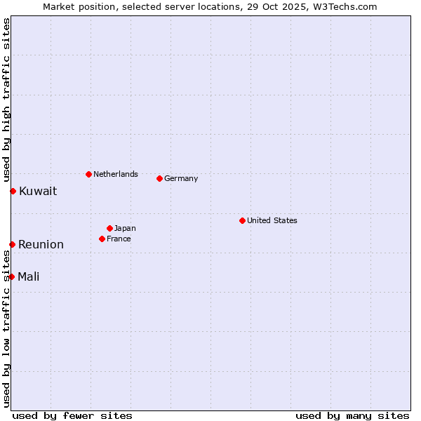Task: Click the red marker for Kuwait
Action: [x=13, y=191]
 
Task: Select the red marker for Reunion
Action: [x=12, y=244]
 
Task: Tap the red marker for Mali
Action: [x=11, y=276]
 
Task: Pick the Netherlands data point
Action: [x=88, y=174]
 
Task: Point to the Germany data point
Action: [x=159, y=178]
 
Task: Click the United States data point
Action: [x=242, y=220]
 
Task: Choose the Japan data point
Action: [x=109, y=228]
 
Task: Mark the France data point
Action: [x=102, y=239]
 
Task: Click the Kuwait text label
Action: [x=38, y=191]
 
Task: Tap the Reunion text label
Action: [x=41, y=244]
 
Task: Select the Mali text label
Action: [x=29, y=276]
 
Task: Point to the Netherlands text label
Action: [x=116, y=174]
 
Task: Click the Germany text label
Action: [x=181, y=178]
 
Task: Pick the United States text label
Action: [x=272, y=220]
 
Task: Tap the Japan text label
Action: [x=126, y=228]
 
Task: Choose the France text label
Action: [x=119, y=239]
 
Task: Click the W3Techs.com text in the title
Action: [x=346, y=6]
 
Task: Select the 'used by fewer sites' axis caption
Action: [x=72, y=415]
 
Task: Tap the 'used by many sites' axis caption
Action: [x=352, y=415]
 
